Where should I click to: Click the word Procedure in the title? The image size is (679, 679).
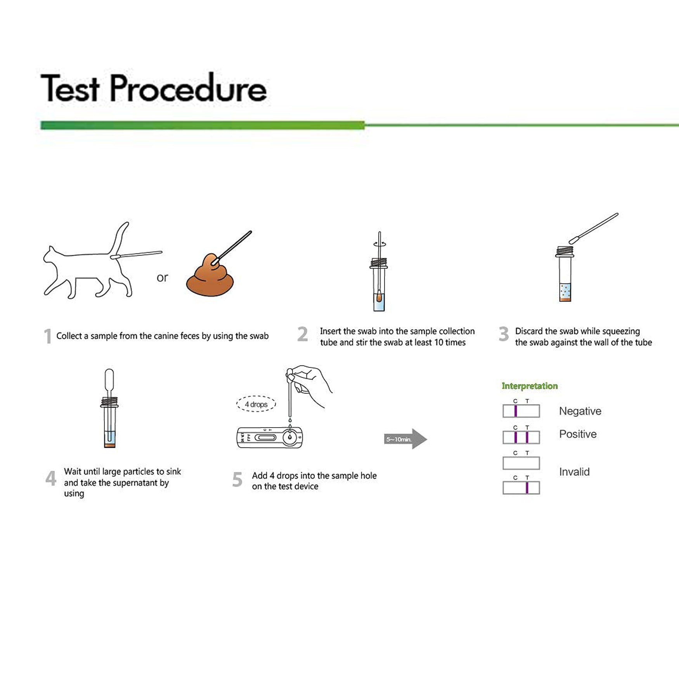point(188,89)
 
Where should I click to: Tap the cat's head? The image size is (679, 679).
point(52,256)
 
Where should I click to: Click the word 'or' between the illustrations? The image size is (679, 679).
point(162,277)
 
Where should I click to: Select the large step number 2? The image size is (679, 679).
point(302,334)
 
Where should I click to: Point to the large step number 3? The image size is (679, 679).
point(503,334)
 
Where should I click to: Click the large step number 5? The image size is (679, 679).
point(237,480)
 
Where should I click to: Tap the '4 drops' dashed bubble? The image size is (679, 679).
point(256,404)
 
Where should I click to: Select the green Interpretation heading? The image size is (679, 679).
point(529,386)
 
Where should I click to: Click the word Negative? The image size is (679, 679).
point(580,411)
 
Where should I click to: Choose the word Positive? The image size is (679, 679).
point(577,434)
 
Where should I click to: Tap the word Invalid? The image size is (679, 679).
point(574,472)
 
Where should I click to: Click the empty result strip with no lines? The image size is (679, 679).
point(521,463)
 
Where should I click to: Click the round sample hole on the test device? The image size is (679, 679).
point(289,438)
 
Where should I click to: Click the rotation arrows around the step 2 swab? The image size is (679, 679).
point(379,244)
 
